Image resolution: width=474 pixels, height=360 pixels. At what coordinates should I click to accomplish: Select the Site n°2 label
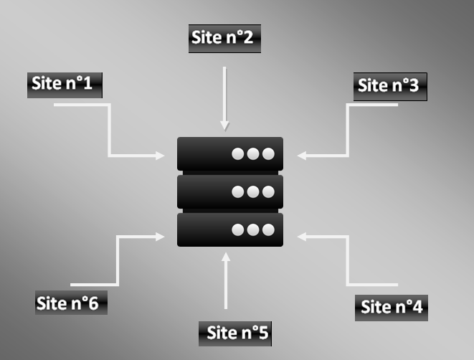point(224,39)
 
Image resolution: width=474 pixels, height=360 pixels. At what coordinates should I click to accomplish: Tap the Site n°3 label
point(389,87)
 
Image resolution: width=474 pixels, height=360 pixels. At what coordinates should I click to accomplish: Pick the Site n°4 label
point(392,308)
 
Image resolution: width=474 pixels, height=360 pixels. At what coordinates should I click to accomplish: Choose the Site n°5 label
point(236,333)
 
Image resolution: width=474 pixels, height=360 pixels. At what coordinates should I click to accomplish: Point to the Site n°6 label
point(71,303)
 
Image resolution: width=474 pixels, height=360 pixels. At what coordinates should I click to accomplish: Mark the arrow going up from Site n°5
point(226,280)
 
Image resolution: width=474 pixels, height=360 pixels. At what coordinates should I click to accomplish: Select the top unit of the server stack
point(229,153)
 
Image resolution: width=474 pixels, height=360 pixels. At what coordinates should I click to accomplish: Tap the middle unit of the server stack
point(229,191)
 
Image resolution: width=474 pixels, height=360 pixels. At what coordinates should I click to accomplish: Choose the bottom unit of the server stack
point(229,229)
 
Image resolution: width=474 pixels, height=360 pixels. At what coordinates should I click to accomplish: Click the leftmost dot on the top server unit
point(239,154)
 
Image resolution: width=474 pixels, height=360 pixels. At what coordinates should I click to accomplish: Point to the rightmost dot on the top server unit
point(268,154)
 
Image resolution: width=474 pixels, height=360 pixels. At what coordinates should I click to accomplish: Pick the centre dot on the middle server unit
point(253,192)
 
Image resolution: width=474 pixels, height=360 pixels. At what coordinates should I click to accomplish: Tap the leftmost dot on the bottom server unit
point(239,230)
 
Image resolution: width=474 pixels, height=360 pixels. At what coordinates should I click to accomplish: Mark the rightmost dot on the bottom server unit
point(268,230)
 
